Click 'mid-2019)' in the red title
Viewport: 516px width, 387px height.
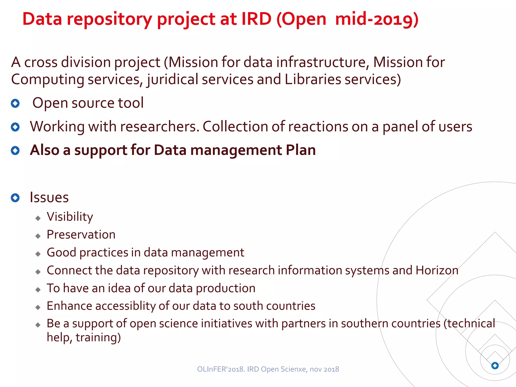coord(377,19)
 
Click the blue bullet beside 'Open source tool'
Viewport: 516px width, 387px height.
coord(15,103)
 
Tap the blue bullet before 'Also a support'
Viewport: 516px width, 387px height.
coord(15,150)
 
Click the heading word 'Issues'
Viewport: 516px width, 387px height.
coord(49,197)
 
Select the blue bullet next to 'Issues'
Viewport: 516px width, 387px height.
coord(15,198)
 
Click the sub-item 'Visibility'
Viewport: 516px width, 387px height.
coord(70,217)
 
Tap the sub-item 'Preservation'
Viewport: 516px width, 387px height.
coord(81,235)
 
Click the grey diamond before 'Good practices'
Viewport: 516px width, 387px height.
coord(38,254)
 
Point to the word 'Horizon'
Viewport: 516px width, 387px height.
coord(437,270)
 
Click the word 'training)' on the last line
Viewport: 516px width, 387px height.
coord(98,338)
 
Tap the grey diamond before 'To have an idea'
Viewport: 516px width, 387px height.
coord(38,290)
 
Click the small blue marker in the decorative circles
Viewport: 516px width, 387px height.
coord(495,365)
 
